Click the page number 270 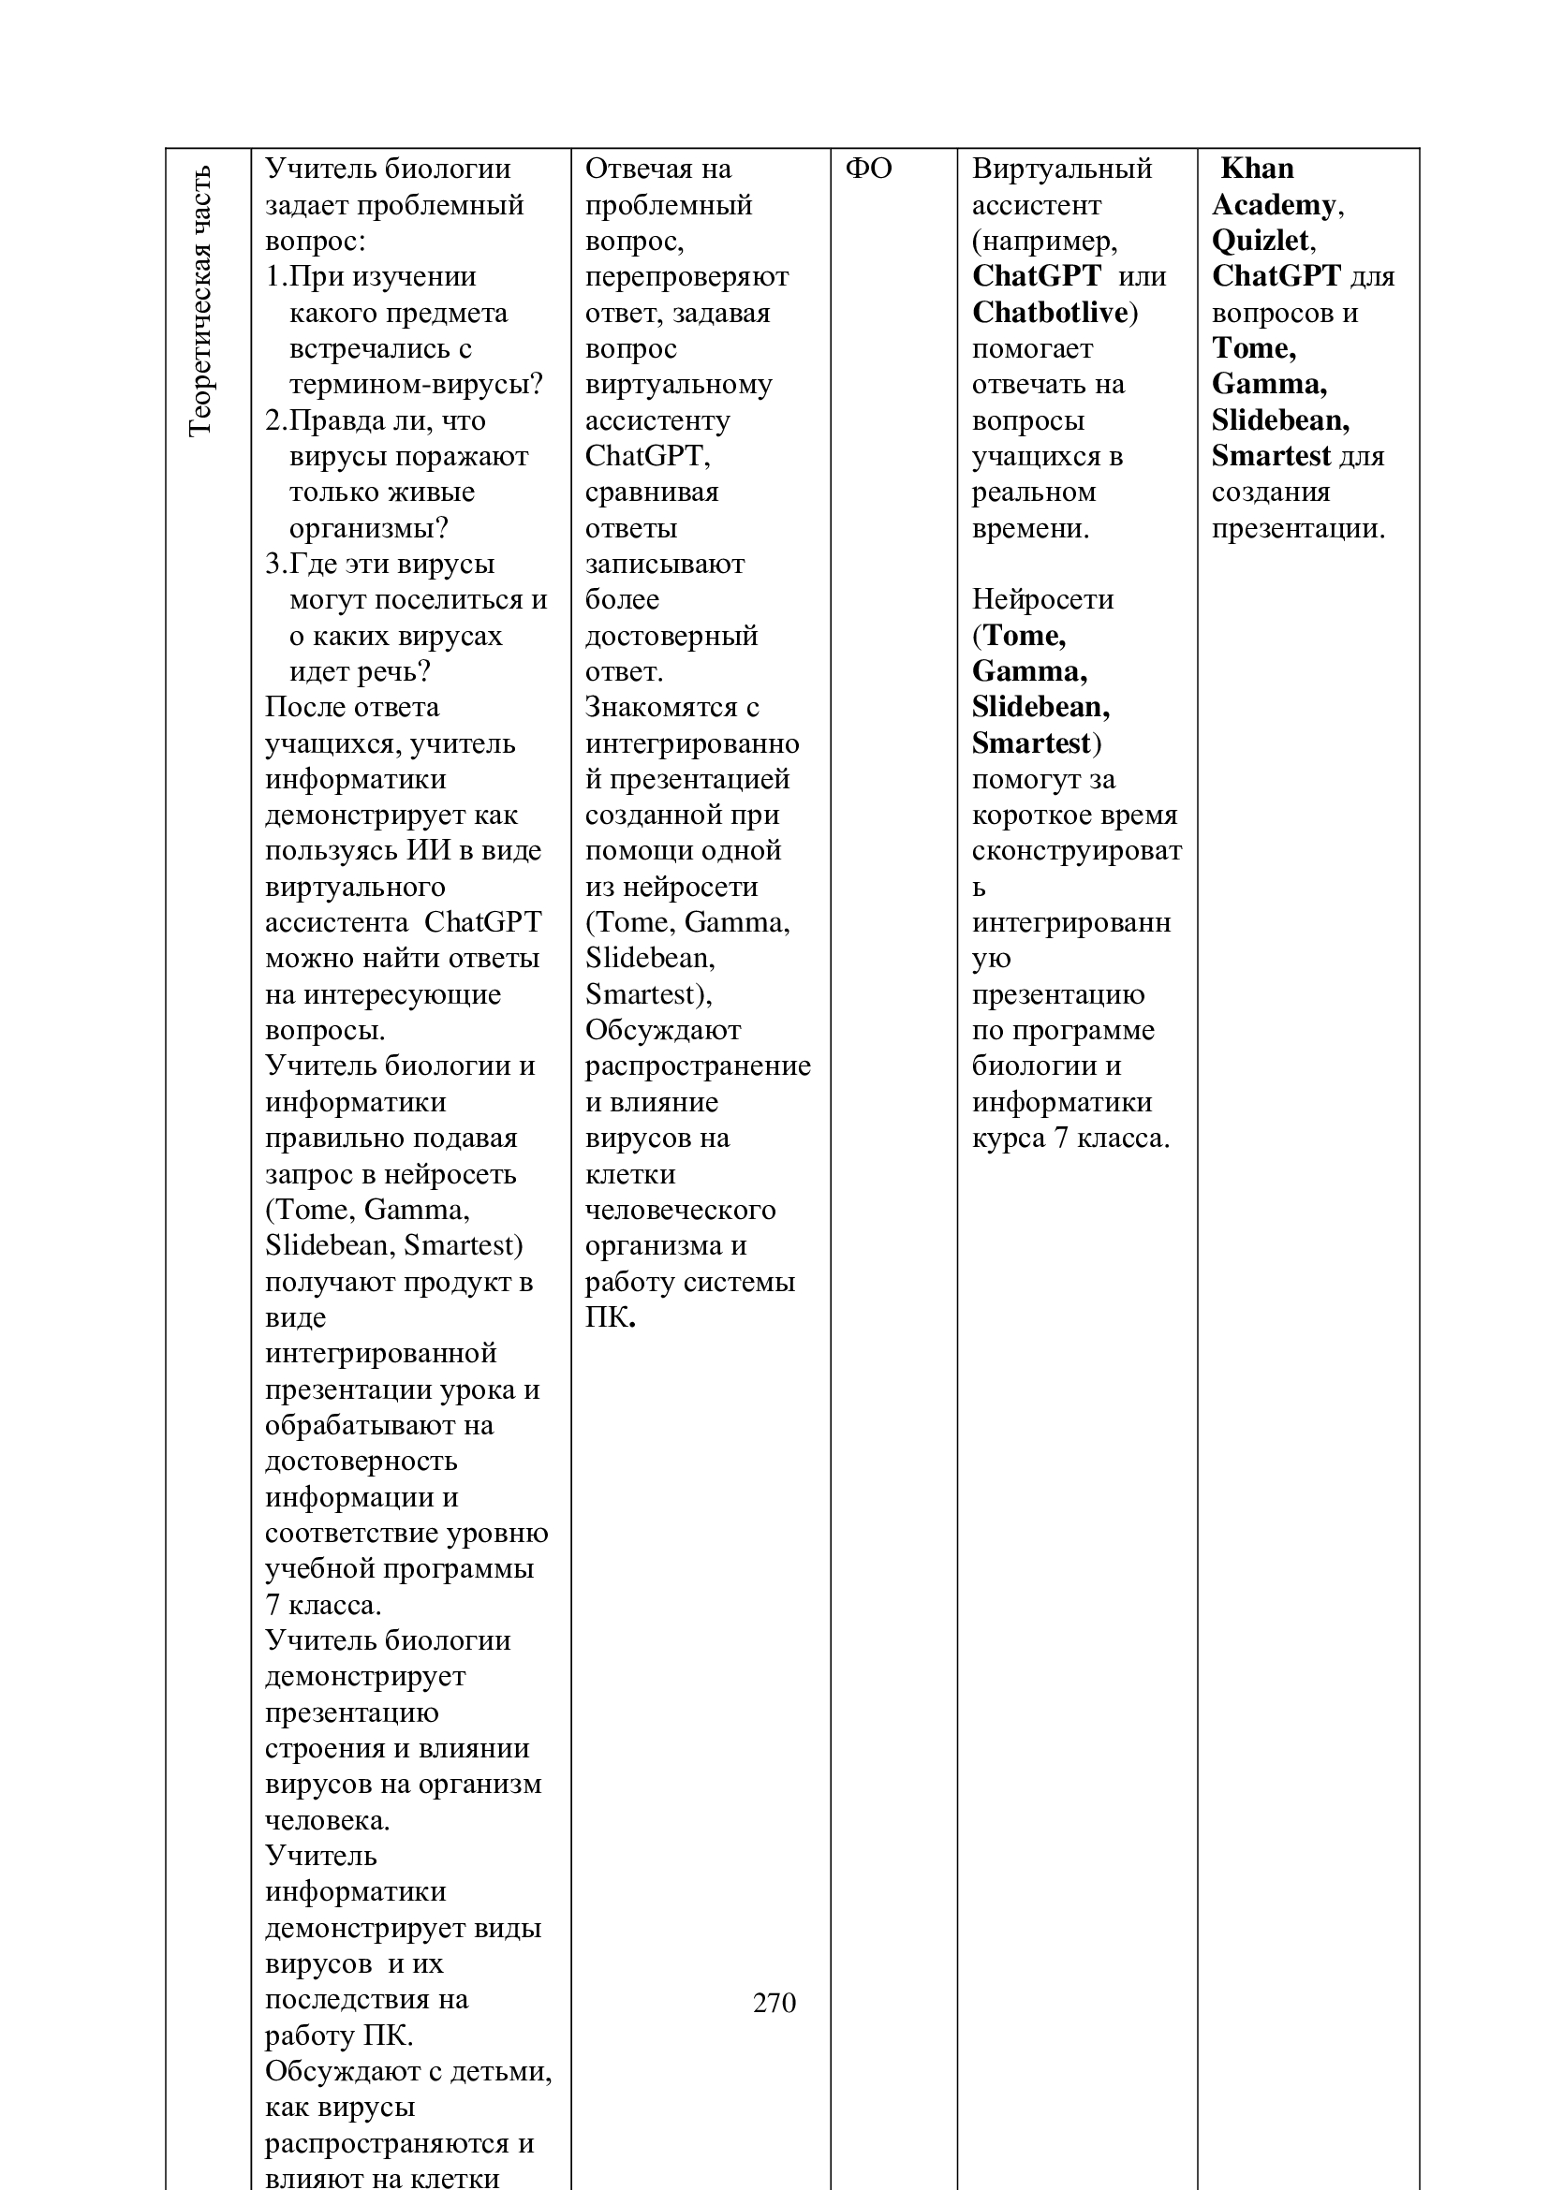click(x=774, y=2003)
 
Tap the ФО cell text click(x=868, y=169)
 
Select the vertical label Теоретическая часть click(x=200, y=301)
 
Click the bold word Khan click(x=1257, y=169)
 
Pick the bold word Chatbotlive click(x=1050, y=313)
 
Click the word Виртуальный click(x=1062, y=169)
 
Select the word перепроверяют click(x=686, y=276)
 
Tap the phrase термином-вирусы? click(x=416, y=385)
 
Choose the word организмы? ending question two click(x=368, y=528)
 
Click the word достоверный click(x=671, y=635)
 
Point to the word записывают click(x=664, y=564)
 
